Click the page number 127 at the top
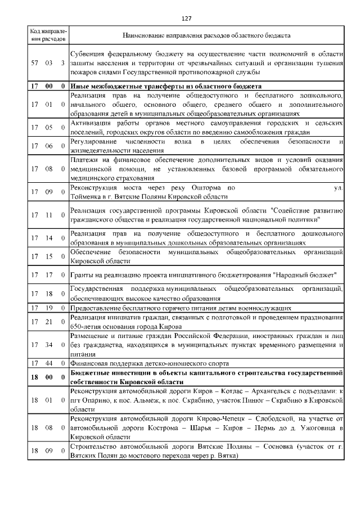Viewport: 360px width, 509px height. (186, 19)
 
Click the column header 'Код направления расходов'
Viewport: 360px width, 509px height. (48, 35)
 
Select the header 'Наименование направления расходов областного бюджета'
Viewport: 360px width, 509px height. (206, 35)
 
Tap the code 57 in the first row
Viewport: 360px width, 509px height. (34, 63)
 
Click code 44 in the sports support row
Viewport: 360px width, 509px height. (49, 363)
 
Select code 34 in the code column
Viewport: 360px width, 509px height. (49, 344)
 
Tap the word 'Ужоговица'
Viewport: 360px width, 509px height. (308, 427)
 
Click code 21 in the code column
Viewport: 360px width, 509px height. (49, 321)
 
